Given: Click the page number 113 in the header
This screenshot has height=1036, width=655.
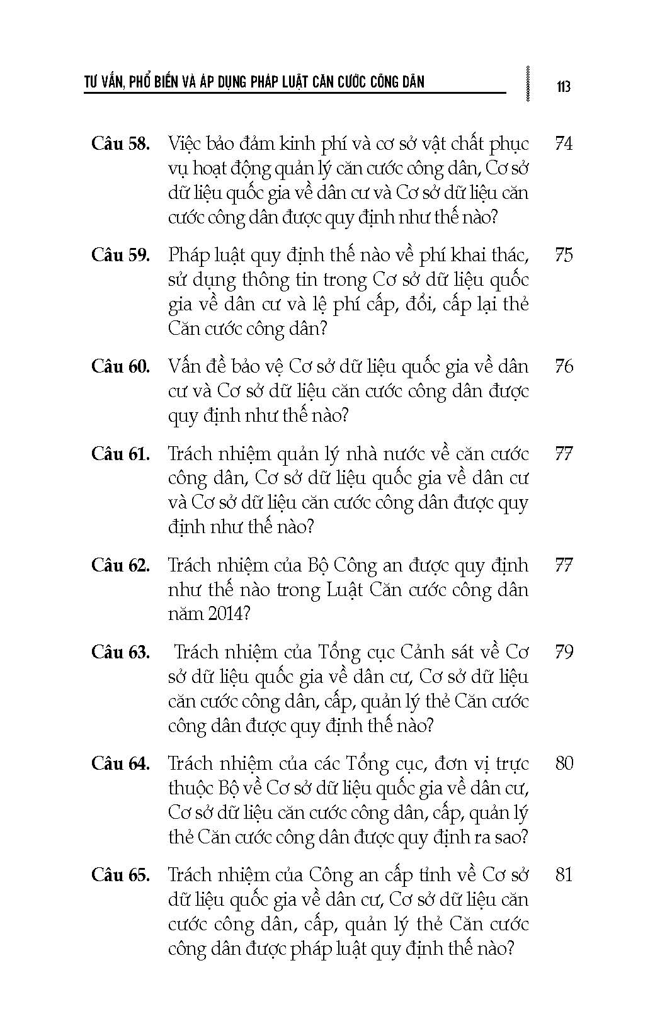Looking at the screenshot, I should pyautogui.click(x=564, y=86).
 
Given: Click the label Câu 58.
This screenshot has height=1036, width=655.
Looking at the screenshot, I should pyautogui.click(x=120, y=144).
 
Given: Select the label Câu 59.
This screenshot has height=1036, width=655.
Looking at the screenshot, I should pyautogui.click(x=120, y=255).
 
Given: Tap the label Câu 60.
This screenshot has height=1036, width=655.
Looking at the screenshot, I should pyautogui.click(x=120, y=366).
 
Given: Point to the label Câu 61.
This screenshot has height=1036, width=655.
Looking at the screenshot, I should pyautogui.click(x=120, y=453).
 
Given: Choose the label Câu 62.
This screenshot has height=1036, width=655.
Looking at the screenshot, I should pyautogui.click(x=120, y=565).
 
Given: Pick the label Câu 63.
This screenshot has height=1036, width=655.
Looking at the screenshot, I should pyautogui.click(x=120, y=651).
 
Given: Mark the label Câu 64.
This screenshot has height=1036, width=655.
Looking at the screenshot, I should pyautogui.click(x=120, y=763).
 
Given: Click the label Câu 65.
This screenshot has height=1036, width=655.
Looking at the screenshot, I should pyautogui.click(x=120, y=875).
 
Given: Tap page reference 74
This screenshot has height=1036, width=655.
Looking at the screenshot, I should pyautogui.click(x=564, y=144).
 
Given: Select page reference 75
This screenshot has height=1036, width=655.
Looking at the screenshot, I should pyautogui.click(x=564, y=255).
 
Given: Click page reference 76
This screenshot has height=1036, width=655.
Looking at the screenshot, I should pyautogui.click(x=564, y=366).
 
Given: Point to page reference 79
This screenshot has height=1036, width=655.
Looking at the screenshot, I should pyautogui.click(x=564, y=651).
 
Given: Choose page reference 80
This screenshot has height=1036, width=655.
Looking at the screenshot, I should pyautogui.click(x=564, y=763).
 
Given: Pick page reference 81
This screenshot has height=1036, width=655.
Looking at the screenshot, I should pyautogui.click(x=564, y=875).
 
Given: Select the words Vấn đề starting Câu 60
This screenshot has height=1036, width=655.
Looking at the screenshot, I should pyautogui.click(x=198, y=366).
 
